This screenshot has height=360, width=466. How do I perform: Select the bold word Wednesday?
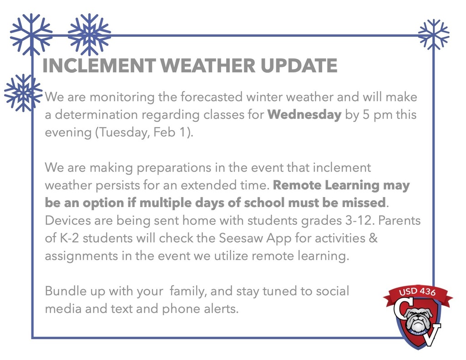(x=304, y=115)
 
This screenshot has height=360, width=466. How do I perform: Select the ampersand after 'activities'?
(x=373, y=238)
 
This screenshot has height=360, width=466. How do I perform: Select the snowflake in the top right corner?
(x=433, y=35)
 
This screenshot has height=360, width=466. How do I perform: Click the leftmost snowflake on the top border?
(x=31, y=35)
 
